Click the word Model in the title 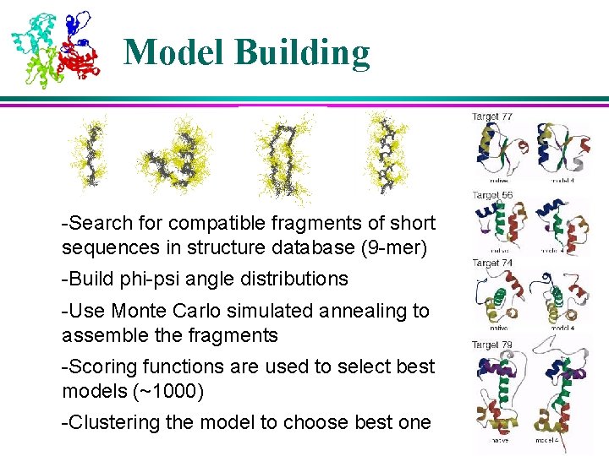(x=174, y=52)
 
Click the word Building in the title (x=302, y=52)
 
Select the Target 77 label (x=492, y=117)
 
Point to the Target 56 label (x=492, y=195)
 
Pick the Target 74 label (x=492, y=263)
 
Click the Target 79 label (x=492, y=344)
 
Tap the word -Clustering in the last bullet (x=106, y=422)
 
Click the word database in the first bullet (x=299, y=247)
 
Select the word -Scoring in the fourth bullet (x=96, y=366)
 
